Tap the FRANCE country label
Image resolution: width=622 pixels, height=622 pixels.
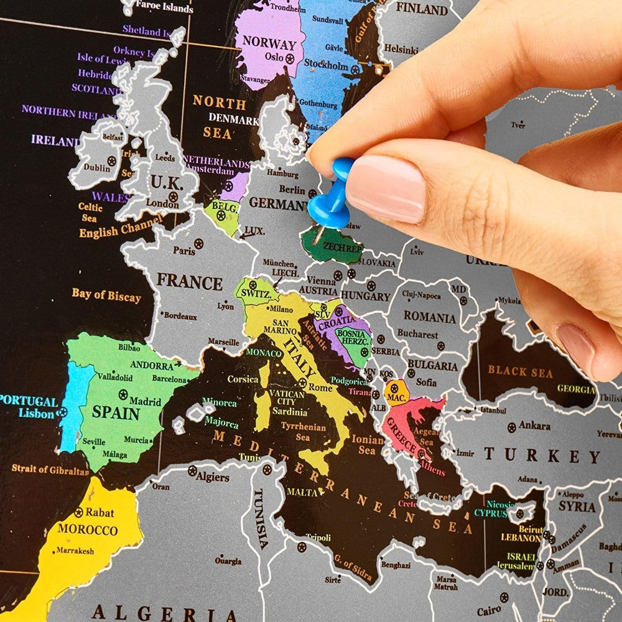(189, 282)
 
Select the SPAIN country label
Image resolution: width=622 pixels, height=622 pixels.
(116, 412)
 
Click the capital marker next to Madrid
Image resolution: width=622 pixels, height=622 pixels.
(123, 394)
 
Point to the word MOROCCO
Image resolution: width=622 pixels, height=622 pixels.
(88, 530)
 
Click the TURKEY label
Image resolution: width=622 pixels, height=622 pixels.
(542, 455)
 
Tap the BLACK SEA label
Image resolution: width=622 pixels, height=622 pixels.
(520, 372)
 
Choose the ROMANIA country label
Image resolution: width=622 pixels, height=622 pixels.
(429, 317)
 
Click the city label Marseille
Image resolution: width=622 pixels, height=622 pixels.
(223, 342)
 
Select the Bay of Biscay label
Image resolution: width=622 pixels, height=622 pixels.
(106, 295)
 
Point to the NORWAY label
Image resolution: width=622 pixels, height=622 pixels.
(269, 44)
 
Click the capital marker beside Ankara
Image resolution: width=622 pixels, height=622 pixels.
(511, 427)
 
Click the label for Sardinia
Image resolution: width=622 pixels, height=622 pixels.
(289, 412)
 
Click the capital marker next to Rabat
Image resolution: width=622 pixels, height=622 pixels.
(78, 513)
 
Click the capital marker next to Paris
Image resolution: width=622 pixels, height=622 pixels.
(198, 244)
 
